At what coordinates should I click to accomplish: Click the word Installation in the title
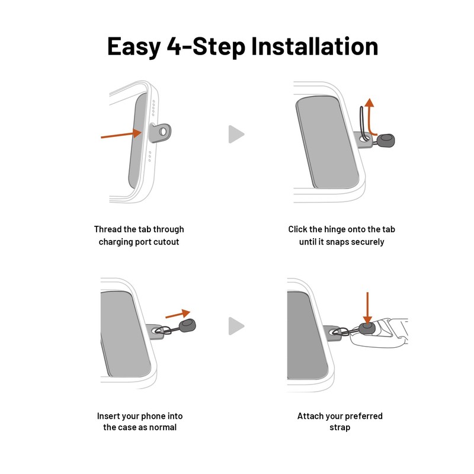315,46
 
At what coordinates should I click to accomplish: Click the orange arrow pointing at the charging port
121,134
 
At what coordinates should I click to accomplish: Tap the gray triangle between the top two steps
236,134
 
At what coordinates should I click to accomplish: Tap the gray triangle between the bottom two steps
236,326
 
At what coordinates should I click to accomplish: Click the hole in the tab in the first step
162,132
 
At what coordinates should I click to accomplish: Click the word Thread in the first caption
104,229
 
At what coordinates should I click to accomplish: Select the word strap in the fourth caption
340,428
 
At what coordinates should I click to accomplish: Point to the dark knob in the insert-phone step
187,325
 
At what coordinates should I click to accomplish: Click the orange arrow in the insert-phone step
178,314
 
